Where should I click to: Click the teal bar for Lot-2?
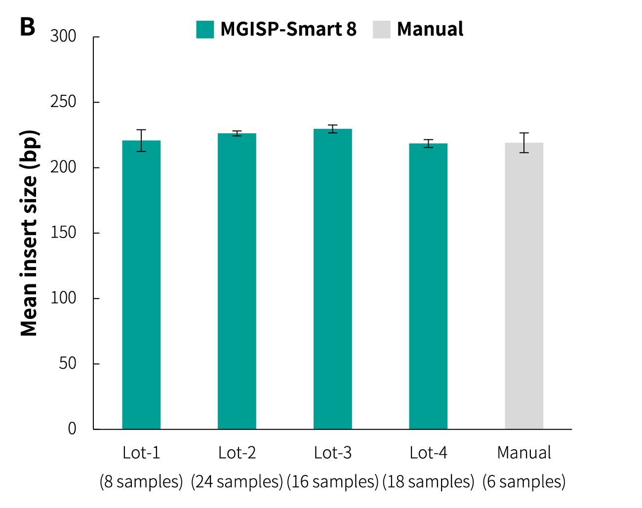[x=237, y=281]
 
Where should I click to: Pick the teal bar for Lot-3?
[x=333, y=279]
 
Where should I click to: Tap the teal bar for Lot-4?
[x=428, y=286]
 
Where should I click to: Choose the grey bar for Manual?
[x=524, y=286]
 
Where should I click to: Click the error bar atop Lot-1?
[x=141, y=140]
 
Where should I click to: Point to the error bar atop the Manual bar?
[x=524, y=143]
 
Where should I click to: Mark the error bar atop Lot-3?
[x=333, y=129]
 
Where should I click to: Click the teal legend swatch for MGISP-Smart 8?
[x=205, y=30]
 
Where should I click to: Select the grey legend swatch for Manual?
[x=382, y=30]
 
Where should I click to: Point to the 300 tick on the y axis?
[x=63, y=37]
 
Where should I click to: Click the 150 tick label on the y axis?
[x=63, y=233]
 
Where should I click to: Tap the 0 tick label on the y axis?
[x=72, y=429]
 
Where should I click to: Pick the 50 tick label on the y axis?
[x=68, y=363]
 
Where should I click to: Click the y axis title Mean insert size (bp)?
[x=29, y=233]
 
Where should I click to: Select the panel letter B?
[x=28, y=27]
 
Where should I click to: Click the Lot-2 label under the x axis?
[x=237, y=453]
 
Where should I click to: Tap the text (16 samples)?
[x=333, y=481]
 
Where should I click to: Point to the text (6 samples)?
[x=524, y=481]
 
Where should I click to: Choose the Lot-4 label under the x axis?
[x=428, y=453]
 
